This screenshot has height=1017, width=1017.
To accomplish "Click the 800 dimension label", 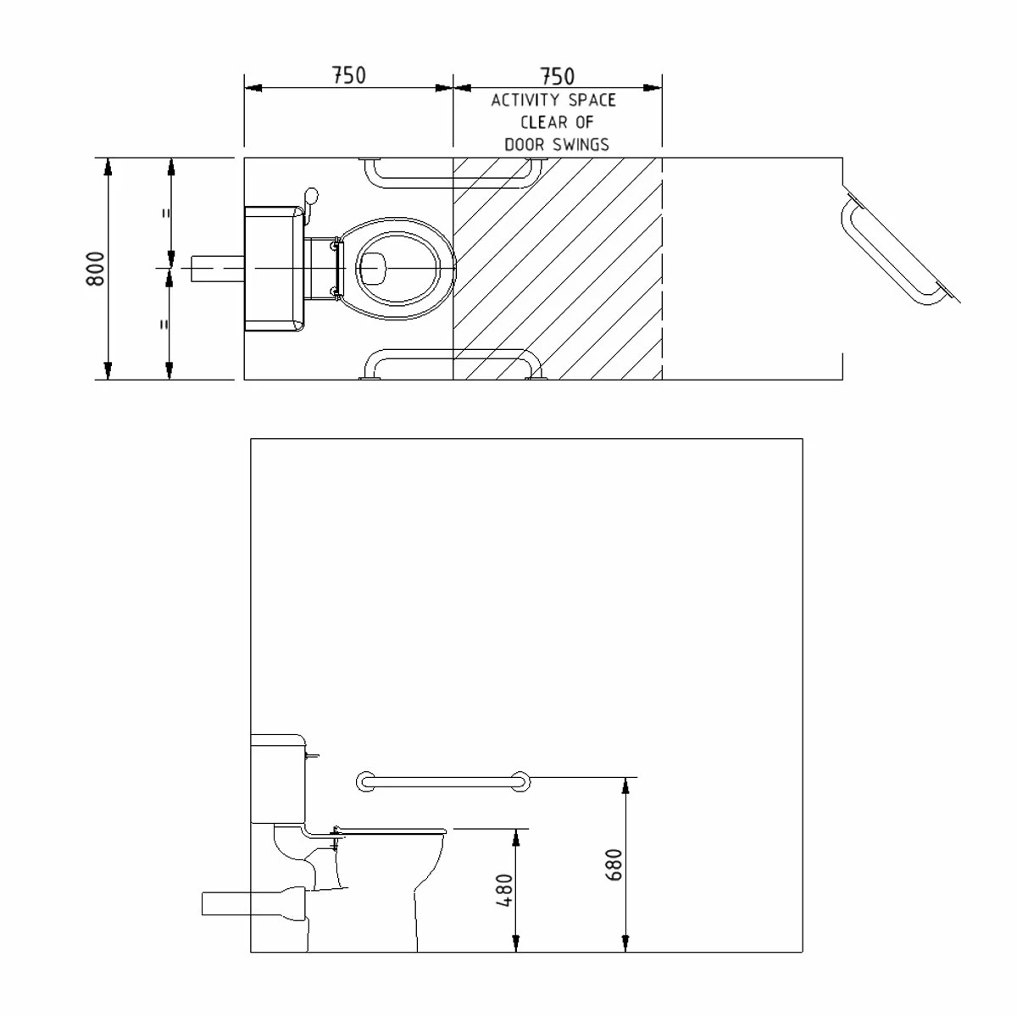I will coord(96,269).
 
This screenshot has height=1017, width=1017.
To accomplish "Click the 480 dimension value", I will coord(504,891).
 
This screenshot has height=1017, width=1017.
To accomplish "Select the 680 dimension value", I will coord(614,864).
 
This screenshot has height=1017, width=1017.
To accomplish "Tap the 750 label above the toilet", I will coord(348,75).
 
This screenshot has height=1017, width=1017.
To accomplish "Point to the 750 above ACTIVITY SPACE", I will coord(557,77).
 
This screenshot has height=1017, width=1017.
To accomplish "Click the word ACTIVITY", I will coord(522,100).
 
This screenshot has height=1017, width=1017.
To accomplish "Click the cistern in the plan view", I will coord(274,268).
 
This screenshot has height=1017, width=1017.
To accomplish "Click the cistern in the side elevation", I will coord(278,778).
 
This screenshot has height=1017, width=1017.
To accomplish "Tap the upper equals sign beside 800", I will coord(167,213).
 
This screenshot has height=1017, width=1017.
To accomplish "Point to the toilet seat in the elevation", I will coord(390,829).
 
